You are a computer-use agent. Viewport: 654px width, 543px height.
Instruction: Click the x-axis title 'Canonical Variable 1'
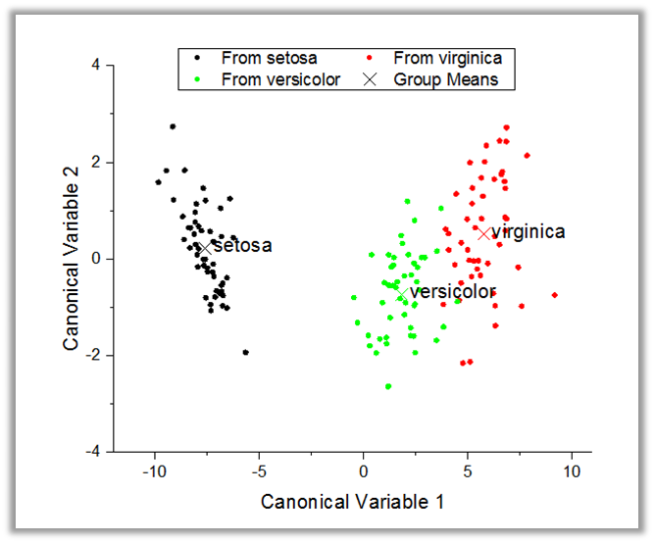point(352,502)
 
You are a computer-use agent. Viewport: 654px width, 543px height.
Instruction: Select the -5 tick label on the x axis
point(258,471)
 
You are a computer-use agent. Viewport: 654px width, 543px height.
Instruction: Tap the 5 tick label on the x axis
point(468,471)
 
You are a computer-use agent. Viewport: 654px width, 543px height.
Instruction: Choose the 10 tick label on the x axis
point(572,471)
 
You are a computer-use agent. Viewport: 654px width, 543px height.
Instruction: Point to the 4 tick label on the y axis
point(97,66)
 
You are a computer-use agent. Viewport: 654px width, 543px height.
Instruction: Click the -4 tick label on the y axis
point(94,452)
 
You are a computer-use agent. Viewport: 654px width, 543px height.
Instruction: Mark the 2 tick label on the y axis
point(97,162)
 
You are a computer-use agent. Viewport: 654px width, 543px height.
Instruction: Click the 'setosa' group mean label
point(242,246)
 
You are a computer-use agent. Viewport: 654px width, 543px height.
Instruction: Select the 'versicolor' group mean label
point(452,292)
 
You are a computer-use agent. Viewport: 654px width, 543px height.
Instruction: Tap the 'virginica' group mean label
point(528,232)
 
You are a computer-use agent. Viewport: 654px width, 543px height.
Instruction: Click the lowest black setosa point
point(245,352)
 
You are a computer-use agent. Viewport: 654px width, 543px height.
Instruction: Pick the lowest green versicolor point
point(388,386)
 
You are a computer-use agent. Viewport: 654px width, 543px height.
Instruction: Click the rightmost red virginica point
point(555,295)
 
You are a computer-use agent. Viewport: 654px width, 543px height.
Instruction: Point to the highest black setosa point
point(173,126)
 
